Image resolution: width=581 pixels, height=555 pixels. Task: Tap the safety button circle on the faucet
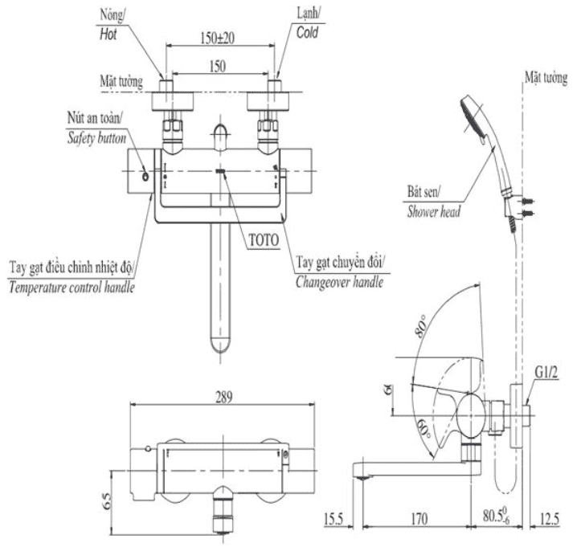point(145,176)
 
